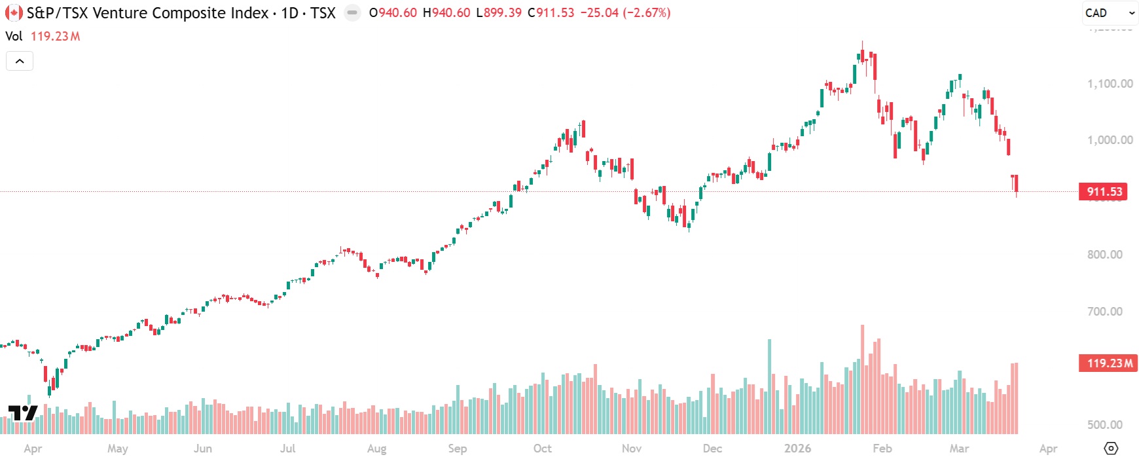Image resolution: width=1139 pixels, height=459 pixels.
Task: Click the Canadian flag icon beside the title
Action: (x=14, y=13)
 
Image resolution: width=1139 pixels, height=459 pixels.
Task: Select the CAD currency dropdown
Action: (x=1110, y=13)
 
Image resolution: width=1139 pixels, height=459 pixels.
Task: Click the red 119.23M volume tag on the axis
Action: (x=1108, y=363)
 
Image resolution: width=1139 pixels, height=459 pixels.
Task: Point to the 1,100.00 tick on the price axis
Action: (x=1110, y=84)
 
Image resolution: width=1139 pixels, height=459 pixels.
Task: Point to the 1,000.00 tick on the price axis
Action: (x=1110, y=140)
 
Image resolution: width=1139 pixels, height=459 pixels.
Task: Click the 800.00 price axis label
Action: (x=1104, y=255)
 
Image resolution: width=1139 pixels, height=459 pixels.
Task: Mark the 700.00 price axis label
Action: (x=1104, y=312)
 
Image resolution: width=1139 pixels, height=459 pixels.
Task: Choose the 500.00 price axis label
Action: (x=1104, y=425)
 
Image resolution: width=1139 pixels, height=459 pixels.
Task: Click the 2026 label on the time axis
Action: (x=797, y=449)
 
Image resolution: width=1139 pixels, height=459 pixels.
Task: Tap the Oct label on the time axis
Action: (x=542, y=449)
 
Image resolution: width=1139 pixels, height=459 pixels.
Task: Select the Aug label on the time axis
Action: (x=376, y=449)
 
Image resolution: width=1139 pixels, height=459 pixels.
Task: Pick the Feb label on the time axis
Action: (x=882, y=449)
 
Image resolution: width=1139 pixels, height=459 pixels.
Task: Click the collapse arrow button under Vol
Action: (x=20, y=61)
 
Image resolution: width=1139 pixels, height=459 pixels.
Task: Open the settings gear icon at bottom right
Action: (x=1111, y=449)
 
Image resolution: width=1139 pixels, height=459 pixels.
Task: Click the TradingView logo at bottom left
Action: (x=22, y=413)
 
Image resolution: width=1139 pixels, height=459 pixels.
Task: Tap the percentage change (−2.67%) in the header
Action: (x=647, y=13)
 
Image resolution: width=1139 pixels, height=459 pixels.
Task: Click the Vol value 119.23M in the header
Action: (x=56, y=37)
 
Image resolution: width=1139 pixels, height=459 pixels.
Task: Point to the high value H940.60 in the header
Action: (x=446, y=13)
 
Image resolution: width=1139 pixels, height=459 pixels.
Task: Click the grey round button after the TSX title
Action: (x=352, y=13)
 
